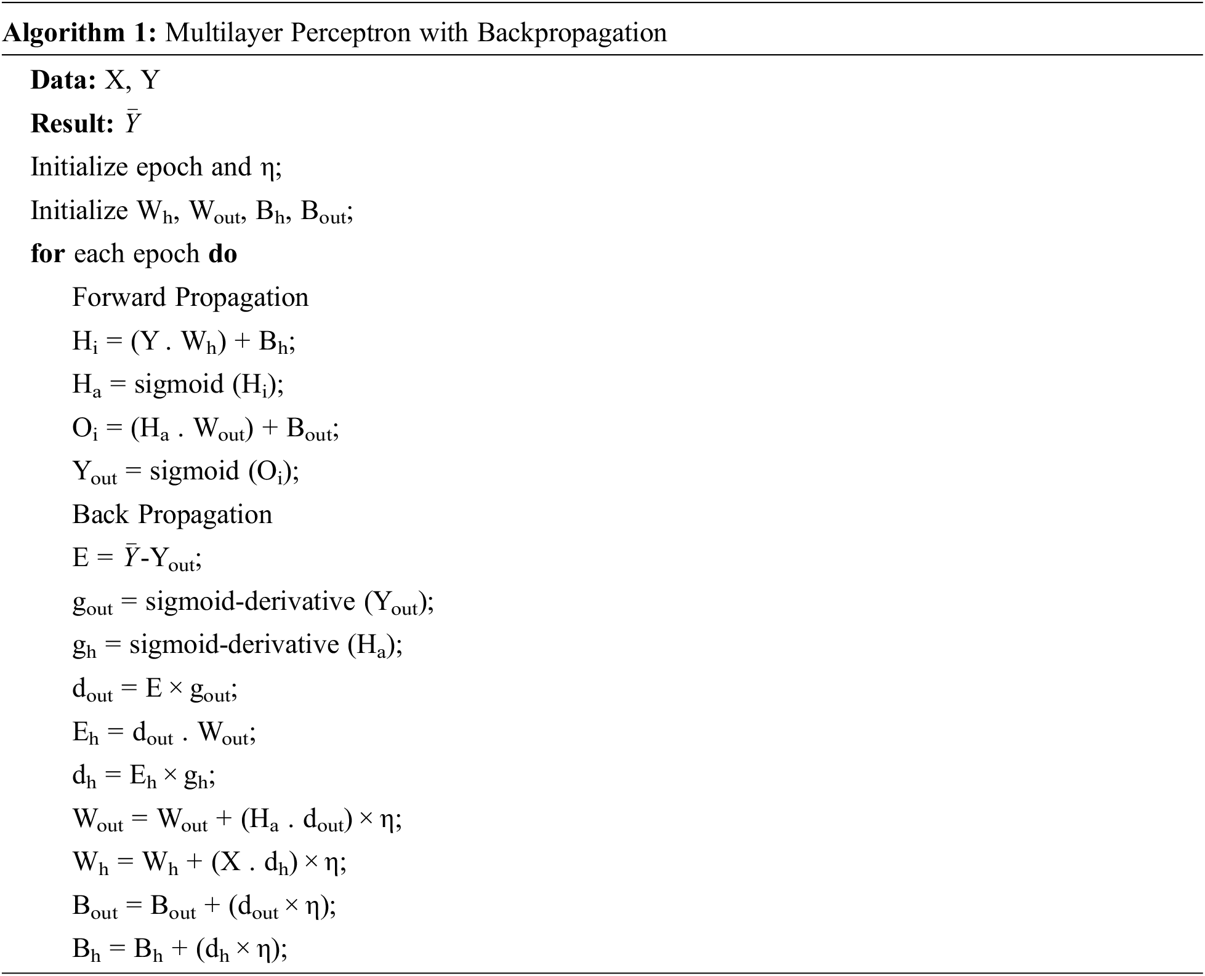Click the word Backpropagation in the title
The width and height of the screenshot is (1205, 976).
click(571, 32)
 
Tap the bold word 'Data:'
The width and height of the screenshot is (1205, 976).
click(63, 80)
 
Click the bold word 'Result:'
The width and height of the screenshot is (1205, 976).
click(72, 124)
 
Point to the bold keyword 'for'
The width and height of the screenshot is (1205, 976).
click(47, 254)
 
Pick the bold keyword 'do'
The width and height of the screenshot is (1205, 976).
click(223, 254)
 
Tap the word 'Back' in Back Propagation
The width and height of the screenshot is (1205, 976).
click(100, 514)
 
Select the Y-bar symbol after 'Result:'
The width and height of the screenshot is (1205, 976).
click(132, 123)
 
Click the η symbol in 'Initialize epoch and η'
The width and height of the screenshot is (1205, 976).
click(267, 168)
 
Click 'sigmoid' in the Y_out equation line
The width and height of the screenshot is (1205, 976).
click(195, 471)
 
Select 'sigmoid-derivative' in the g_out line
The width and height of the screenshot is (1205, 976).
click(250, 601)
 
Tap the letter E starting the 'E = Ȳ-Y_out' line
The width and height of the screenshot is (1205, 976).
click(81, 558)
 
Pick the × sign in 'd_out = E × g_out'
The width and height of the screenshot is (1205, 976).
click(175, 689)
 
